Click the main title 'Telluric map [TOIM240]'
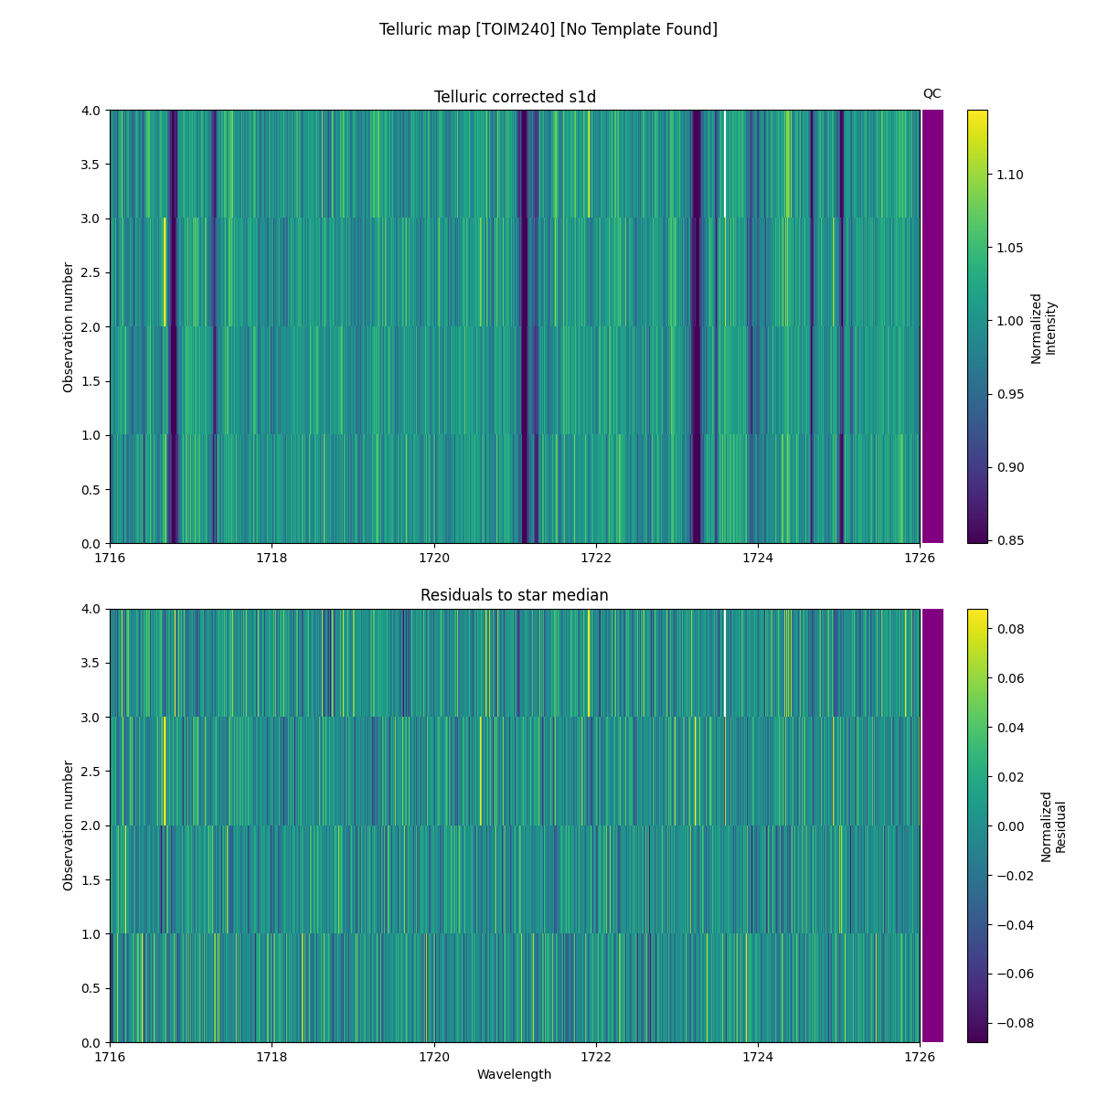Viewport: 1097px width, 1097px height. pos(548,29)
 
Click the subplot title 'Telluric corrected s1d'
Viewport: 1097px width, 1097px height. pos(515,97)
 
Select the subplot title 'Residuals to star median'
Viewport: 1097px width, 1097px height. pos(515,595)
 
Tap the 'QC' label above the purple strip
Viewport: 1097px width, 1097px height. pos(932,93)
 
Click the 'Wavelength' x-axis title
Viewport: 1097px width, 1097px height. pos(515,1074)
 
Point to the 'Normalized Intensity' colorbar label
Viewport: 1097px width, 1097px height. pos(1043,328)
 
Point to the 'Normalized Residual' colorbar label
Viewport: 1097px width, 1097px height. pos(1054,826)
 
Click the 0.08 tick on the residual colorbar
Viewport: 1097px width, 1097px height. pos(1010,629)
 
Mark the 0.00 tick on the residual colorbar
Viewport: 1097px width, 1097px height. pos(1010,825)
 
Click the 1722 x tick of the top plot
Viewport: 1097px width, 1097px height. pos(596,558)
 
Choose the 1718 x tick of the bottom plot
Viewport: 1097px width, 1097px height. pos(272,1057)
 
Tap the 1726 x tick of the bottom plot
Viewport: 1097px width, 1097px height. pos(920,1057)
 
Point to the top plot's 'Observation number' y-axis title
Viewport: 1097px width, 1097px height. pos(69,326)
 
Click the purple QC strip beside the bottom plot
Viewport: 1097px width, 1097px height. pos(932,825)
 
